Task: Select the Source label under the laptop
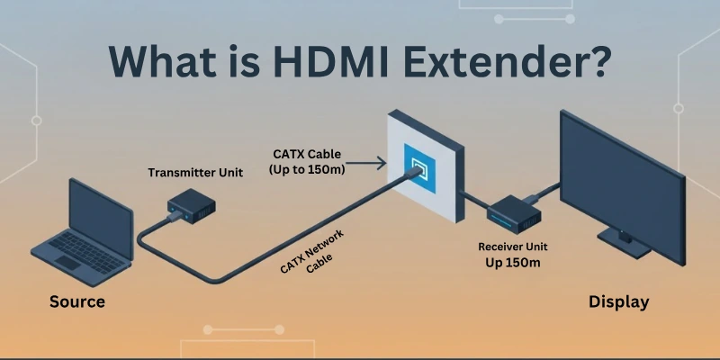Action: [76, 301]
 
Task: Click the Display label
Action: [618, 301]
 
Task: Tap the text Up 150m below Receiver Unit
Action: [514, 262]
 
